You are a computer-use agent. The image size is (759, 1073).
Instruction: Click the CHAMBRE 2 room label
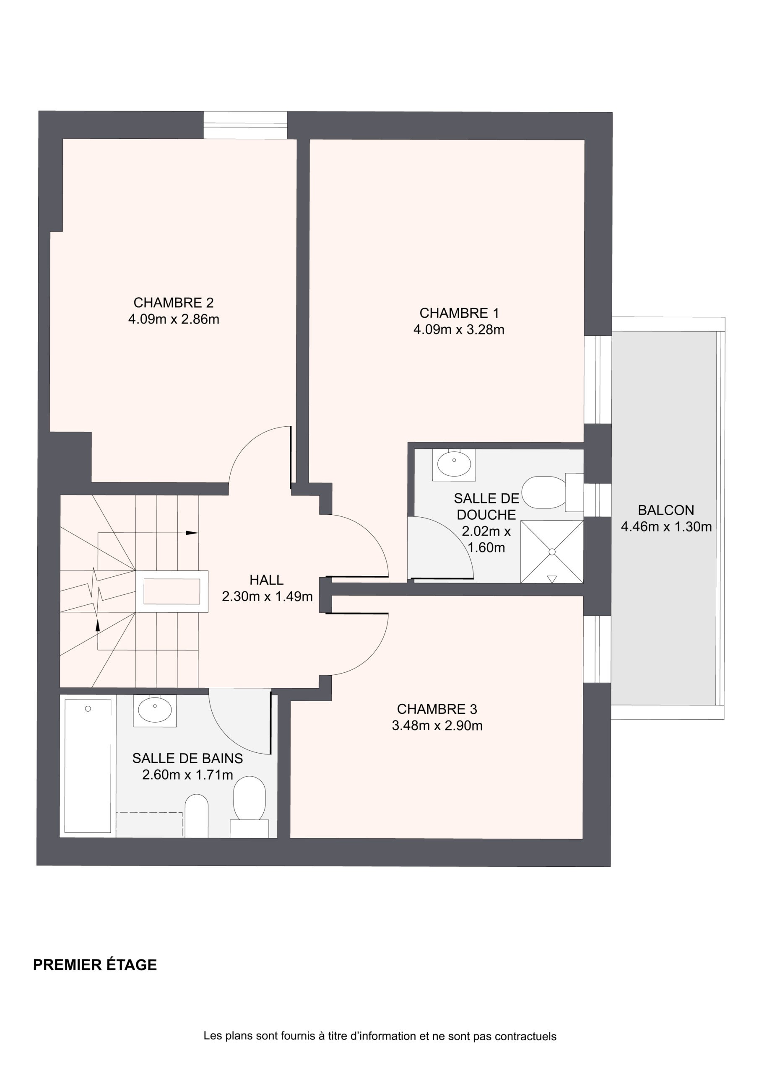[174, 303]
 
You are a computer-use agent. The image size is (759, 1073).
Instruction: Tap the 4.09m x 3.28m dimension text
[459, 330]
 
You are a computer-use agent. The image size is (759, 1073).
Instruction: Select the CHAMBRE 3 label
[437, 710]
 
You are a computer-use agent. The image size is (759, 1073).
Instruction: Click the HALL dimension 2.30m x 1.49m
[267, 597]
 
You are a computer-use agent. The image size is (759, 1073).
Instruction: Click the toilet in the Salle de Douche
[552, 492]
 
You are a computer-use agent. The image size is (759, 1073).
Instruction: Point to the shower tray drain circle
[552, 552]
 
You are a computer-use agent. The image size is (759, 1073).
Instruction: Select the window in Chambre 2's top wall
[245, 125]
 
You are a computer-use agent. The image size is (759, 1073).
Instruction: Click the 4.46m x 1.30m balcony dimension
[666, 527]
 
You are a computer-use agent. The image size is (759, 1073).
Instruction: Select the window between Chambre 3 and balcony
[597, 650]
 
